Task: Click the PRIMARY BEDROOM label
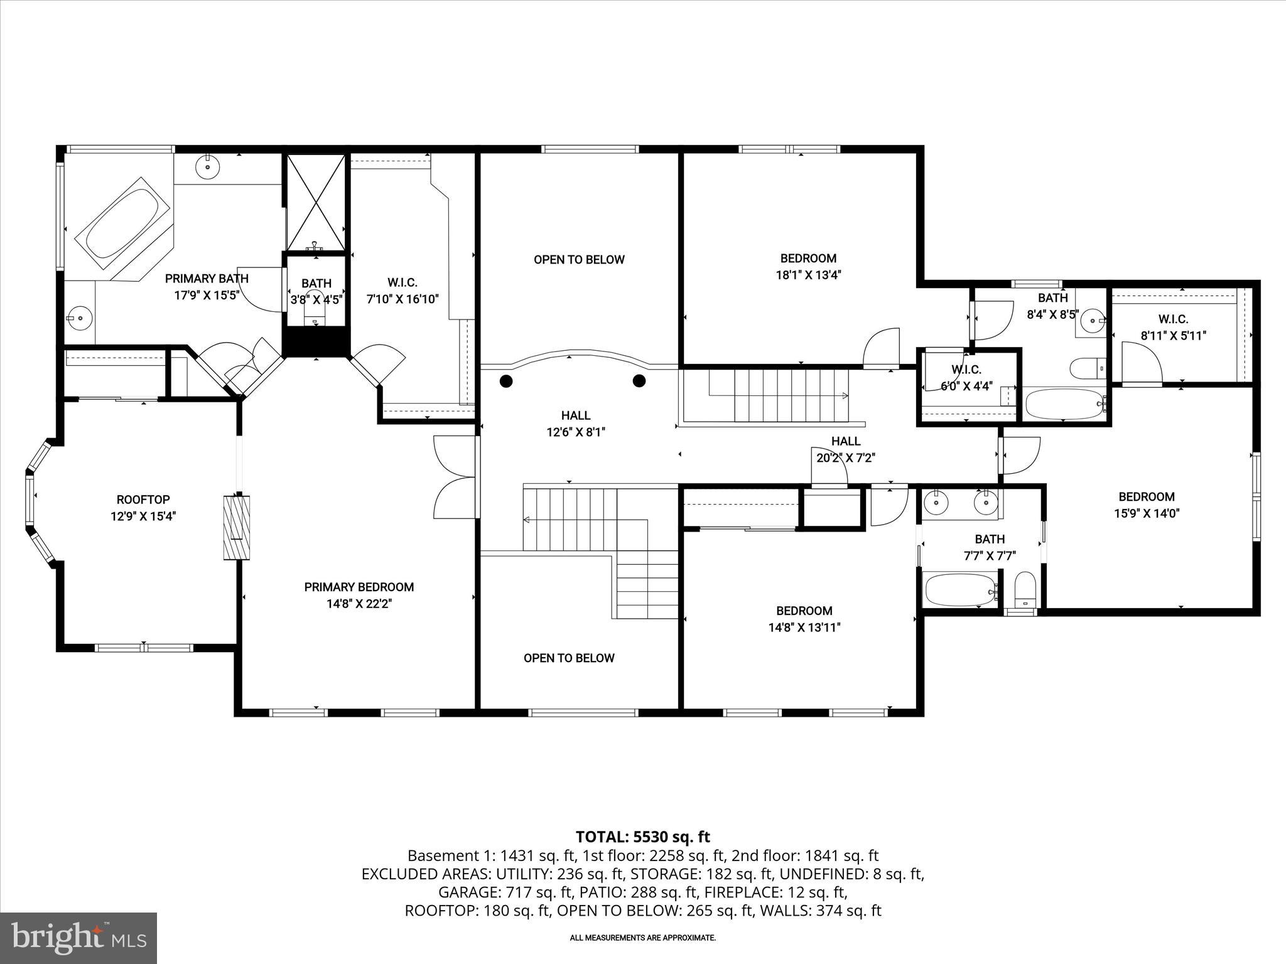(359, 587)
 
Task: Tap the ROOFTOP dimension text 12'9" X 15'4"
(143, 517)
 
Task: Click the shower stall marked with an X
(316, 202)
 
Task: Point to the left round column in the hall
(506, 381)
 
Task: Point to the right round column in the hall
(639, 380)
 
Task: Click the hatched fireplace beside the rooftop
(237, 527)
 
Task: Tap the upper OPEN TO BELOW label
(579, 260)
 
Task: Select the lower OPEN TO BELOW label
(569, 658)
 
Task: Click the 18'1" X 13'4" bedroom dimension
(808, 275)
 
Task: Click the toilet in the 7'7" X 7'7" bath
(1025, 589)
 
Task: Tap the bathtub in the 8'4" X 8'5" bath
(1064, 404)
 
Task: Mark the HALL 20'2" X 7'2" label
(845, 449)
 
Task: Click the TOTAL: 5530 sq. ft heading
(642, 837)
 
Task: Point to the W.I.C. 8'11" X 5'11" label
(1173, 328)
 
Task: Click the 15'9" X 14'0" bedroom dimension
(1146, 513)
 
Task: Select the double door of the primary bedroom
(455, 477)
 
